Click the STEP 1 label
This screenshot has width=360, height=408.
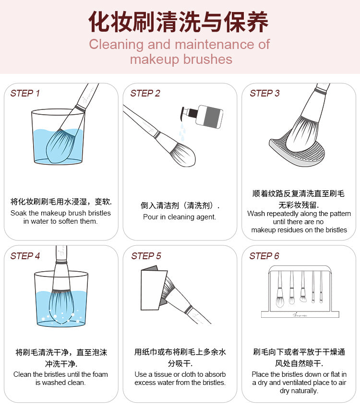(25, 93)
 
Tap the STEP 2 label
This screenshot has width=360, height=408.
(145, 93)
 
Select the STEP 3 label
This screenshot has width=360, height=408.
(264, 93)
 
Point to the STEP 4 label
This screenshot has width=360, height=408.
(25, 256)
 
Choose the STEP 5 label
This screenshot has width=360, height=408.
(146, 256)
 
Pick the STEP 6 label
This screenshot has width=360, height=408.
(264, 256)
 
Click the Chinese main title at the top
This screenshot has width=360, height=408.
(179, 22)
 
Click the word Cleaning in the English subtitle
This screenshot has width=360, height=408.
(116, 44)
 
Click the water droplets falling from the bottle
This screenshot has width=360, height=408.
(182, 132)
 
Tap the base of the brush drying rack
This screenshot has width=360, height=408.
(300, 314)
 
